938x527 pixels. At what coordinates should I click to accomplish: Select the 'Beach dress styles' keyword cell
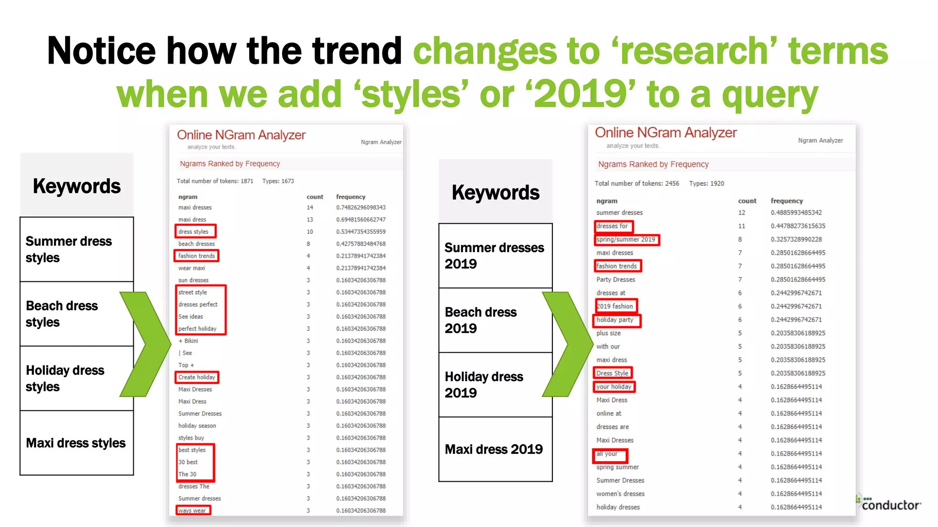point(76,314)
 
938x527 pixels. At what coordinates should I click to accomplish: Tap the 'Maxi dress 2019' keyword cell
point(495,449)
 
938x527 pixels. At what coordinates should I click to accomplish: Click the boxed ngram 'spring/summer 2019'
point(627,240)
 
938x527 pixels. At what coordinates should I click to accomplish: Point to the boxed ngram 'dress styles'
point(195,231)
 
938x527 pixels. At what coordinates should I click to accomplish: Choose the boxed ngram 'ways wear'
point(193,511)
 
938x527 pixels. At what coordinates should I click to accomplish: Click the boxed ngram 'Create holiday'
point(197,377)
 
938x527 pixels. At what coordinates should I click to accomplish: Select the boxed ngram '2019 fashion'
point(616,307)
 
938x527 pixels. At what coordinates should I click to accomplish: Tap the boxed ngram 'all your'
point(609,454)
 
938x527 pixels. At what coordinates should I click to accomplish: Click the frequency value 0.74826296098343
point(360,208)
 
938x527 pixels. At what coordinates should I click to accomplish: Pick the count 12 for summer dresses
point(742,213)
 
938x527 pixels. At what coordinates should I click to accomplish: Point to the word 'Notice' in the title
point(101,51)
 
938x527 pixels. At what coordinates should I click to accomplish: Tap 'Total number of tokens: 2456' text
point(637,183)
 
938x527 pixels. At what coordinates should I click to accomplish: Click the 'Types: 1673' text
point(278,181)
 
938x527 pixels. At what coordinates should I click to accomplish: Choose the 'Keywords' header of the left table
point(76,186)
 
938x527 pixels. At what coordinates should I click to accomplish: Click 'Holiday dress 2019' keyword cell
point(495,385)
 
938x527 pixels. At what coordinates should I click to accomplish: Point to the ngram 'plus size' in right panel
point(608,333)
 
